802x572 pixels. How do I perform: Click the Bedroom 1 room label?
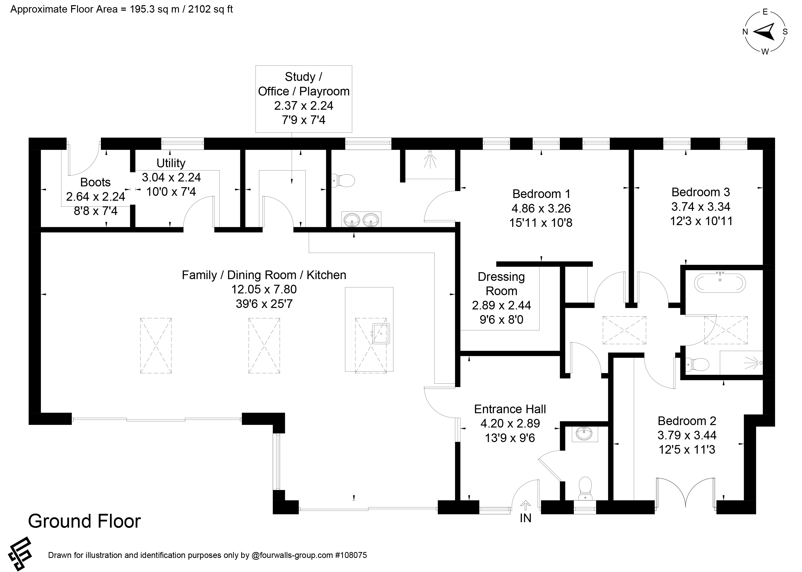(x=541, y=194)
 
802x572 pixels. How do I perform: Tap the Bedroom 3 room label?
(x=701, y=192)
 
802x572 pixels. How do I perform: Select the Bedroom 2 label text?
(x=687, y=421)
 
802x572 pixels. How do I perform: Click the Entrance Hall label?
(x=510, y=409)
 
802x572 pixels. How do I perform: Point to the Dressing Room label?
(x=501, y=284)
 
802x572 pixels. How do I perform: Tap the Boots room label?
(x=95, y=182)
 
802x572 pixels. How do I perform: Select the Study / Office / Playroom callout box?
(x=304, y=99)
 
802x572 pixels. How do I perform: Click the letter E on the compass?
(x=765, y=12)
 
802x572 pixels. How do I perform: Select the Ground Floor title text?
(x=85, y=521)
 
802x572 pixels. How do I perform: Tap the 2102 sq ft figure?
(x=210, y=9)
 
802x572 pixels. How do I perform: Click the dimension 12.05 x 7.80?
(x=264, y=289)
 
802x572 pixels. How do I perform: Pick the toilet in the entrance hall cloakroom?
(x=585, y=488)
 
